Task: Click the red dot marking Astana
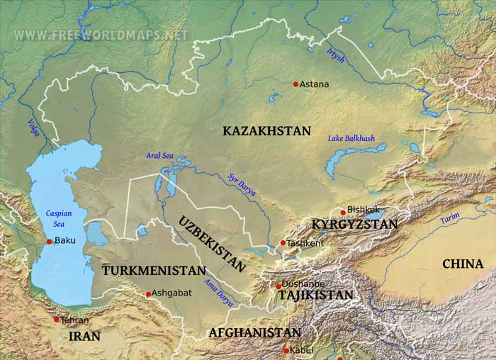296,84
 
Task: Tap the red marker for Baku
50,242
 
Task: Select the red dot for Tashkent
283,243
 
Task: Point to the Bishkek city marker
343,212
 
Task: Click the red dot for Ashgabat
149,294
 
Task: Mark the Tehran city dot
57,320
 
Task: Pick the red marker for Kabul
287,351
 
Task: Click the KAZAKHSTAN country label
266,131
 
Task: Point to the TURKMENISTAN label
154,271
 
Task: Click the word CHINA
463,264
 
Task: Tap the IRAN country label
84,337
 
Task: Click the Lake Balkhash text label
351,139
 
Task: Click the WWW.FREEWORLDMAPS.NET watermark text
101,35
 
